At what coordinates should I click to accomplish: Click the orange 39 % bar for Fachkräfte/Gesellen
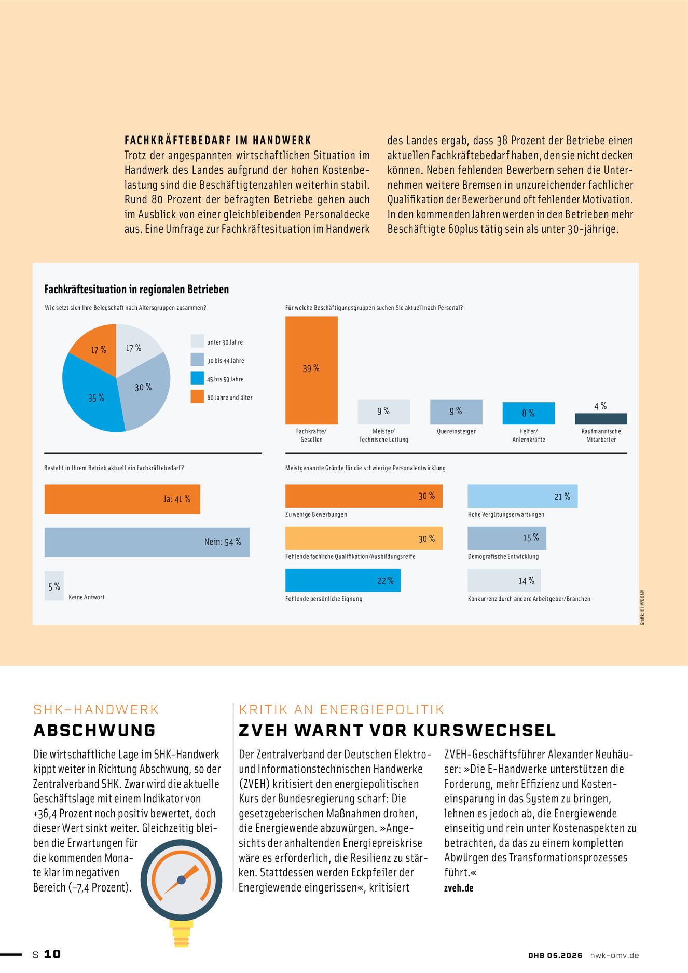tap(311, 370)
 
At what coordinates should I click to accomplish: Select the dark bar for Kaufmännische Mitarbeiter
tap(601, 419)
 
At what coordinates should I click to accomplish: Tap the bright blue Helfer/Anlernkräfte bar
tap(528, 413)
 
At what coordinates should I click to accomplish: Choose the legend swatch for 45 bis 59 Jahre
tap(197, 378)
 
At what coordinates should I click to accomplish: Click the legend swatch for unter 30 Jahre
tap(197, 341)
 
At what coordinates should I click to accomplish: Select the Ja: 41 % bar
tap(122, 499)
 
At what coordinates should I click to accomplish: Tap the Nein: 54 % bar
tap(147, 542)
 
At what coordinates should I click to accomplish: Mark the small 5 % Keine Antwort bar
tap(54, 586)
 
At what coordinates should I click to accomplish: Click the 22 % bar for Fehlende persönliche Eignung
tap(343, 580)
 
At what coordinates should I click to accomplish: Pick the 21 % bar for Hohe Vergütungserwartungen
tap(522, 496)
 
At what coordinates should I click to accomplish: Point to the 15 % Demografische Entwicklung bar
tap(507, 538)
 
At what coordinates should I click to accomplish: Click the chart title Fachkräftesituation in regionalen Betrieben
tap(136, 289)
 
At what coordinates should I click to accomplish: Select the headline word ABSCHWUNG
tap(94, 730)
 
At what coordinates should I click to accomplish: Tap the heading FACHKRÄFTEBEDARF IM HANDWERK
tap(218, 140)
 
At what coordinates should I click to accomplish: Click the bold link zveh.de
tap(459, 888)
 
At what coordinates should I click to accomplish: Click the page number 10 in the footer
tap(52, 954)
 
